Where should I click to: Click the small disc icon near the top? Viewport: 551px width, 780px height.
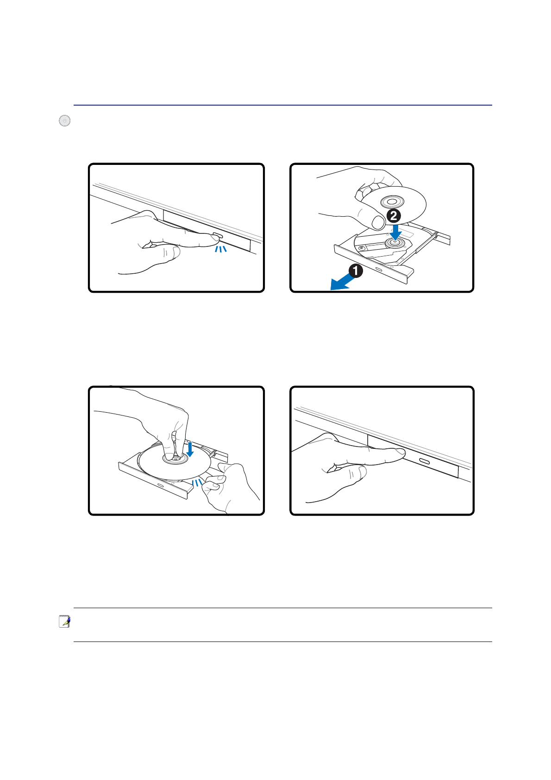pyautogui.click(x=65, y=120)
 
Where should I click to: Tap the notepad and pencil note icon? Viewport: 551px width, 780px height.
pyautogui.click(x=65, y=622)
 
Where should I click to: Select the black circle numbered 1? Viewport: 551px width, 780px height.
pyautogui.click(x=356, y=270)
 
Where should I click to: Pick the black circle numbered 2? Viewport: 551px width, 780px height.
pyautogui.click(x=394, y=216)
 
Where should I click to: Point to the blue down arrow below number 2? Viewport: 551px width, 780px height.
pyautogui.click(x=395, y=232)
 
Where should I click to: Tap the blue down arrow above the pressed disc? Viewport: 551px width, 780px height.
pyautogui.click(x=190, y=449)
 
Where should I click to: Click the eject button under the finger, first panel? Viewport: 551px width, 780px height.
pyautogui.click(x=218, y=235)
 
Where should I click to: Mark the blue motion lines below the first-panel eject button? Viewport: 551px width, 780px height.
pyautogui.click(x=221, y=249)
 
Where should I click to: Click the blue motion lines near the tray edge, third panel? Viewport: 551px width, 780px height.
pyautogui.click(x=197, y=482)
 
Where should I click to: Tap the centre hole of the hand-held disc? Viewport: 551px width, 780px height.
pyautogui.click(x=392, y=201)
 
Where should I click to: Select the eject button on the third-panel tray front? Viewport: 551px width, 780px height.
pyautogui.click(x=161, y=485)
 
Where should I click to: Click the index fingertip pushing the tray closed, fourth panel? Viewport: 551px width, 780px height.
pyautogui.click(x=400, y=452)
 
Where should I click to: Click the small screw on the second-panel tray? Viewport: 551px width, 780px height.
pyautogui.click(x=362, y=248)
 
